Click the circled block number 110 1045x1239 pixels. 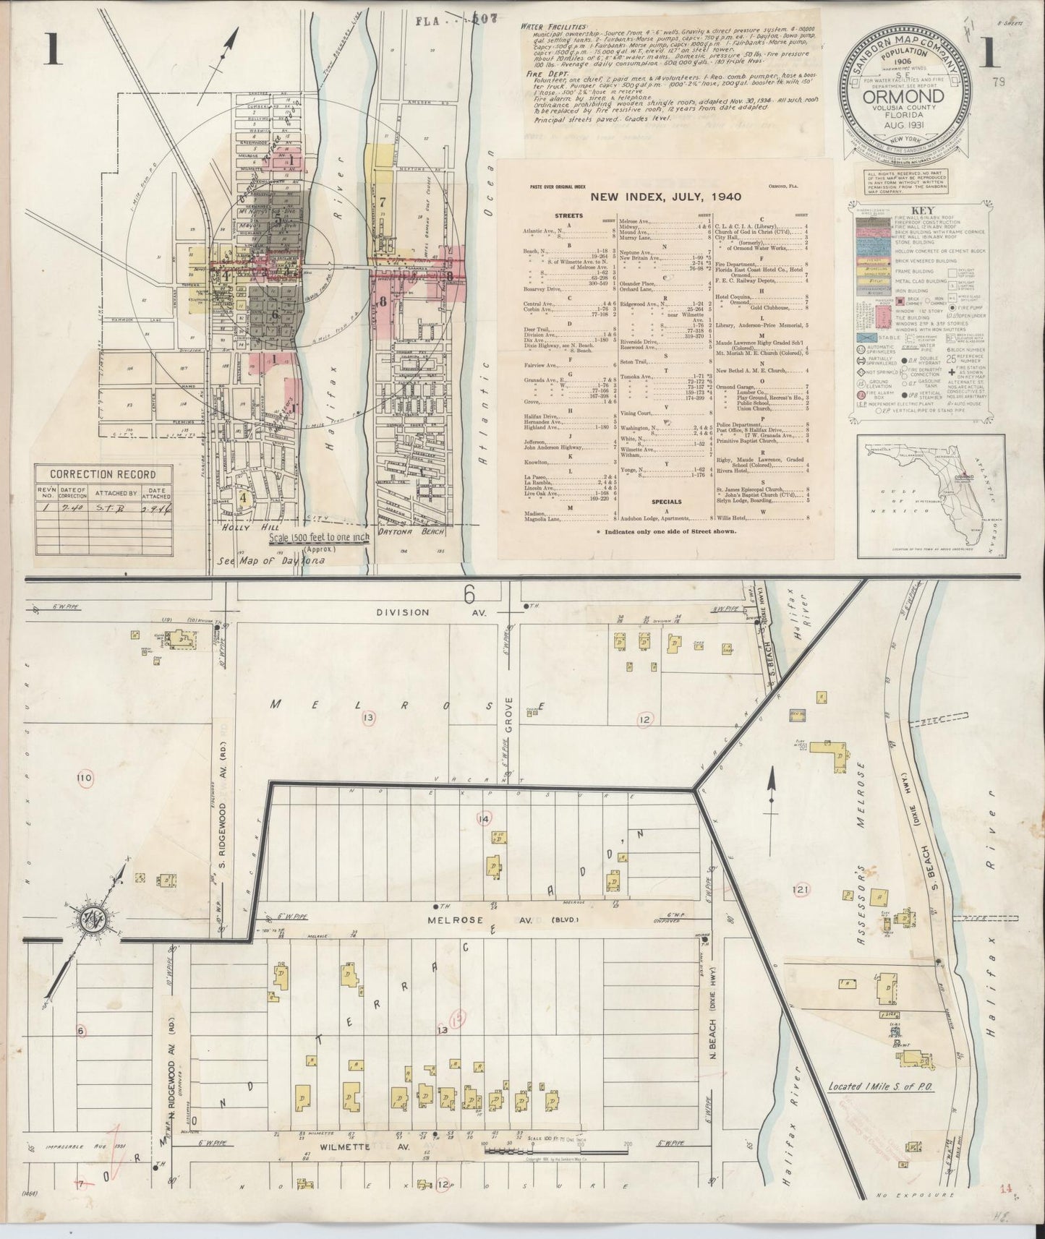[84, 778]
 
